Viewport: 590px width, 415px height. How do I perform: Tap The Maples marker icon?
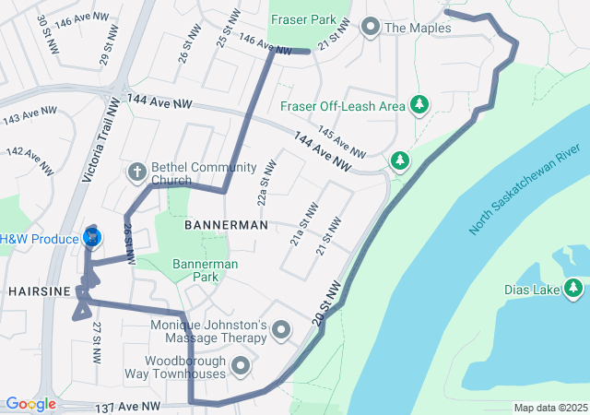[371, 28]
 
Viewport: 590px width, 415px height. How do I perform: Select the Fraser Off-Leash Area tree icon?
[419, 105]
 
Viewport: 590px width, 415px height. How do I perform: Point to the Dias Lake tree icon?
[573, 290]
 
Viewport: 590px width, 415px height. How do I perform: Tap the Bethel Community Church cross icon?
[136, 172]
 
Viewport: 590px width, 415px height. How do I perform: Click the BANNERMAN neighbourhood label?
[226, 225]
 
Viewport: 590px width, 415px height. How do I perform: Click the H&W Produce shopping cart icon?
[92, 238]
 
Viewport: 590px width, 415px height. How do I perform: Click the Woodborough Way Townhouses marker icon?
[242, 366]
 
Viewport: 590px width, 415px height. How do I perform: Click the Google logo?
[30, 404]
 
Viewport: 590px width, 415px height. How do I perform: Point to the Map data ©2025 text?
[549, 408]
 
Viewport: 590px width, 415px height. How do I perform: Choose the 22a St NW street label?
[265, 185]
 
